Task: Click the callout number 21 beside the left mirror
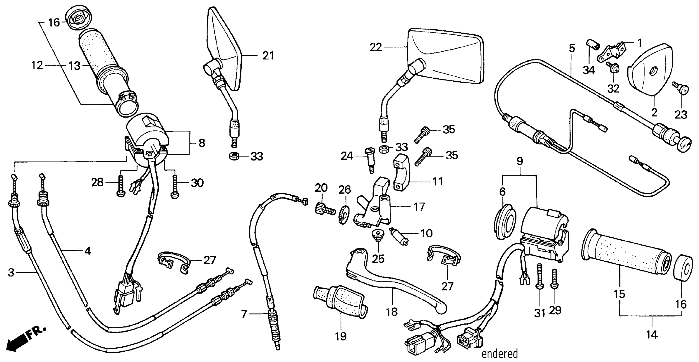tap(268, 56)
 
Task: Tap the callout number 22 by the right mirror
tap(376, 47)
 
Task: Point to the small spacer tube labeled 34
tap(591, 52)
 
